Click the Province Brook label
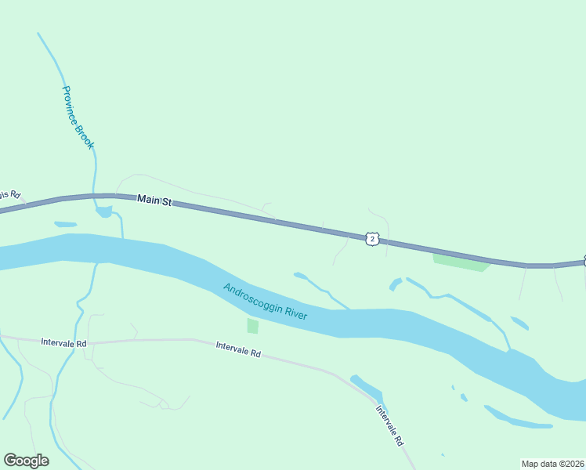click(x=78, y=117)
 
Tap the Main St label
click(x=154, y=201)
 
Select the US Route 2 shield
click(x=372, y=238)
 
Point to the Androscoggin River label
click(x=265, y=302)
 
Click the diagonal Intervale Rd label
click(x=392, y=425)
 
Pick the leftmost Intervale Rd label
click(x=63, y=343)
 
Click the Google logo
click(x=26, y=461)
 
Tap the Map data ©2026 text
click(x=552, y=464)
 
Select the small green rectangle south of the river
click(x=252, y=326)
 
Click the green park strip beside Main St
click(x=461, y=262)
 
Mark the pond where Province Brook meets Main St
click(x=104, y=211)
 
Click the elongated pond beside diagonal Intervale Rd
click(x=367, y=389)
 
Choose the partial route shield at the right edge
click(x=584, y=262)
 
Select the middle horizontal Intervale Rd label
click(x=238, y=349)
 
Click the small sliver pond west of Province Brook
click(x=65, y=225)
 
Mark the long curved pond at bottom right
click(x=517, y=419)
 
